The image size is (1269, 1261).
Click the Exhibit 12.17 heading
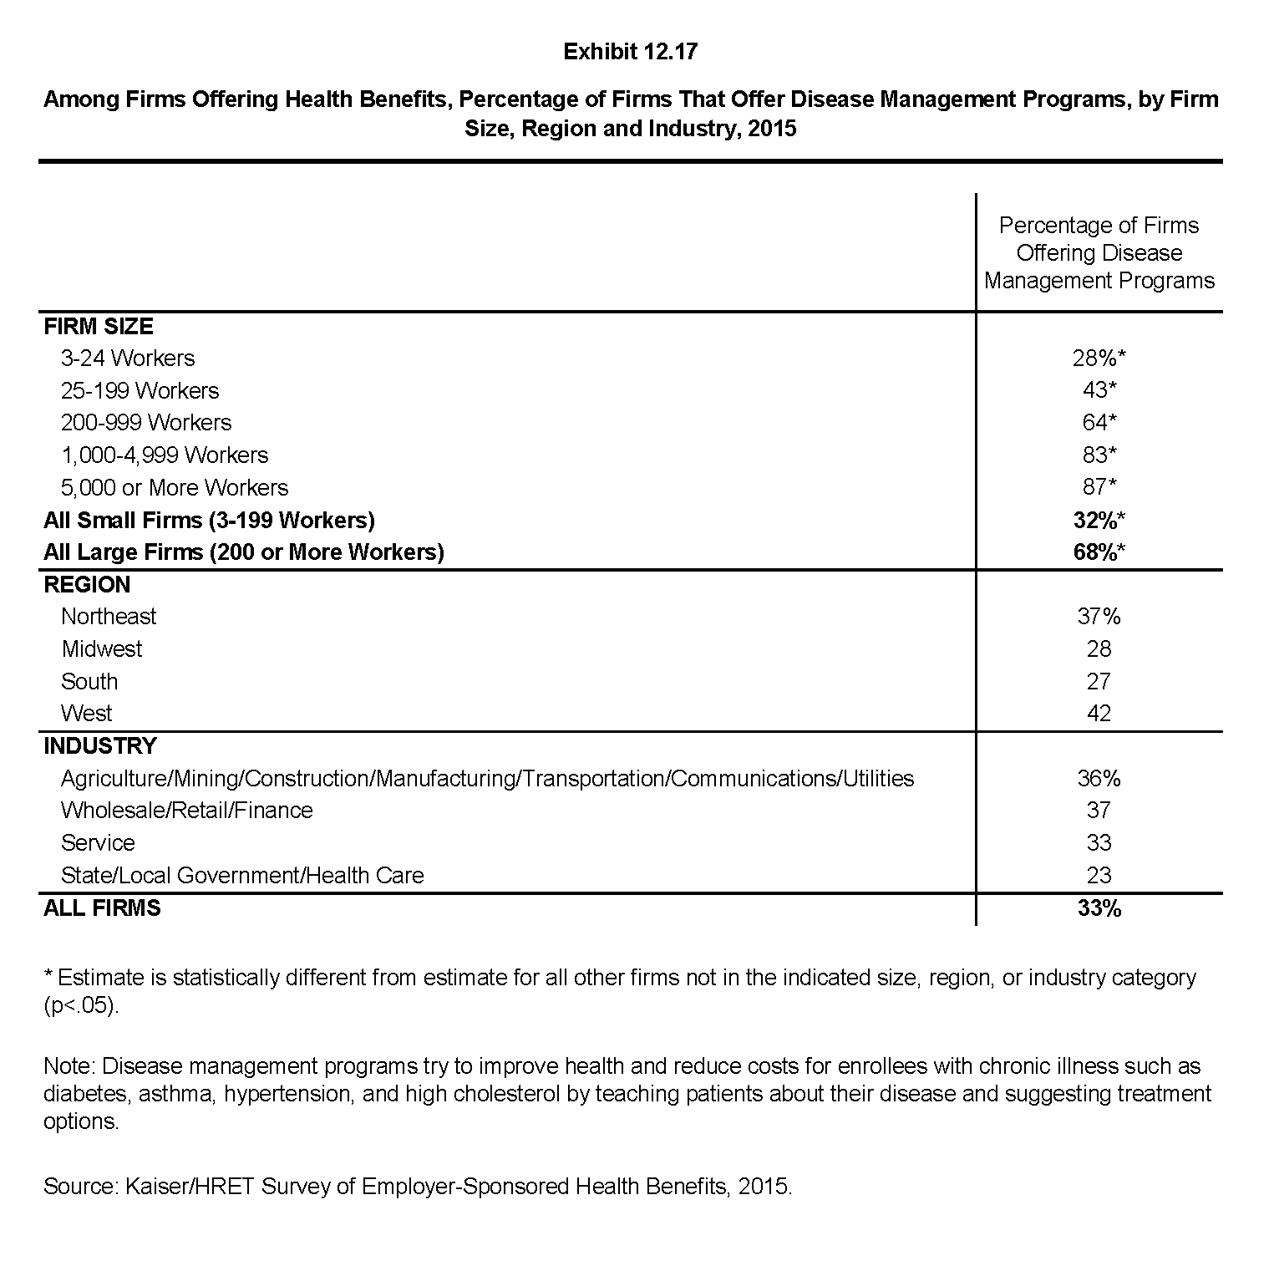tap(630, 52)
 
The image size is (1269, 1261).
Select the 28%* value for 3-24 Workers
tap(1099, 358)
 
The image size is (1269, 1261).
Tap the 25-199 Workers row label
tap(140, 390)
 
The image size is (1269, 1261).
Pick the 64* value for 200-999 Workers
tap(1099, 423)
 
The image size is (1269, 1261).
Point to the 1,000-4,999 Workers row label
tap(165, 455)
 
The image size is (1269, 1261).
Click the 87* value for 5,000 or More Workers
tap(1099, 487)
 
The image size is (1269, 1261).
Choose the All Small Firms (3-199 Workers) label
tap(209, 520)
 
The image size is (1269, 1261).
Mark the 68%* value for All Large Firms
tap(1099, 552)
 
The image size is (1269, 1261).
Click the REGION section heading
tap(87, 584)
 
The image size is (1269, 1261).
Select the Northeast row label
tap(109, 617)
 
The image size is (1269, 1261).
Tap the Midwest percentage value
tap(1099, 649)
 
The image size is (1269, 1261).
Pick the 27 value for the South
tap(1099, 681)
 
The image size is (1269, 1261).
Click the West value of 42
tap(1099, 714)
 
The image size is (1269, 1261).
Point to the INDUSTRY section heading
tap(99, 745)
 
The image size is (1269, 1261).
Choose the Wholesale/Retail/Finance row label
tap(186, 811)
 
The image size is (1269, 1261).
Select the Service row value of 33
tap(1099, 843)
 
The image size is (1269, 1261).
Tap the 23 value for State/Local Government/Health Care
tap(1099, 875)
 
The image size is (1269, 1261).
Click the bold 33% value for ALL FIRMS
tap(1099, 908)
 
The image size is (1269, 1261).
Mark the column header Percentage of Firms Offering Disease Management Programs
tap(1099, 253)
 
